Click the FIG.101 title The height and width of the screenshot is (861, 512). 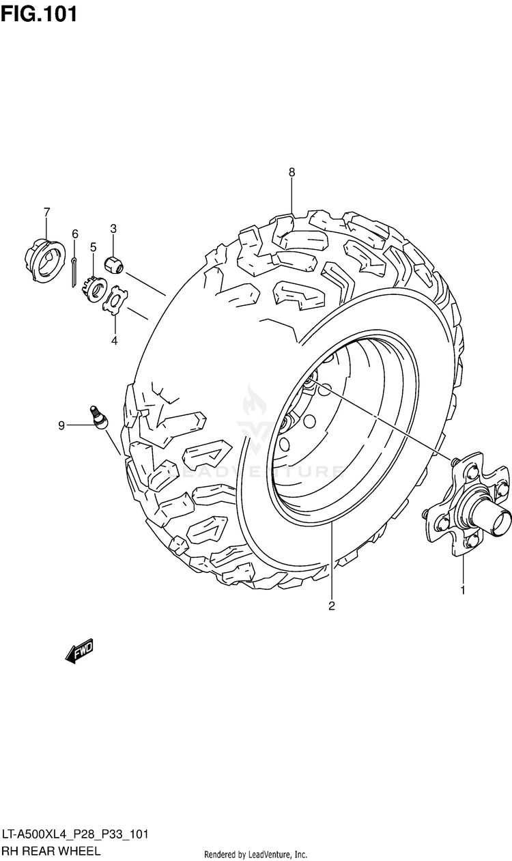[39, 14]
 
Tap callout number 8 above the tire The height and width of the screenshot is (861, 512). [291, 172]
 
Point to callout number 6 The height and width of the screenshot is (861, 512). [75, 234]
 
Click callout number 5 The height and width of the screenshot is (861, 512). [93, 246]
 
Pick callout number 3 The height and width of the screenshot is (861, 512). [113, 228]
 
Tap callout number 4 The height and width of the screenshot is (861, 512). [114, 340]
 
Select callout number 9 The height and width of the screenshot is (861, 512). [61, 426]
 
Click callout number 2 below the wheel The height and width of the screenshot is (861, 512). [332, 605]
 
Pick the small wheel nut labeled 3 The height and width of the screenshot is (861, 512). [113, 263]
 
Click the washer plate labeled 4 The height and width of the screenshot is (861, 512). [115, 300]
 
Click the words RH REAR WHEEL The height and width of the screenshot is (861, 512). [51, 851]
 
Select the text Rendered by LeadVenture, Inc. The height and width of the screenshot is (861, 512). [255, 854]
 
